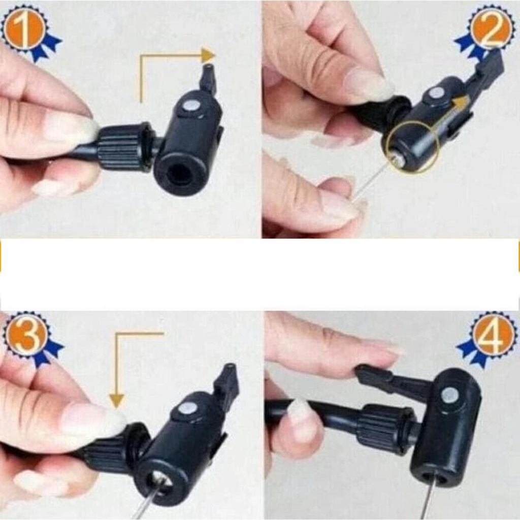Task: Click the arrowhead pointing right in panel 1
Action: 208,55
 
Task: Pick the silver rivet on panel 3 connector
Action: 186,409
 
